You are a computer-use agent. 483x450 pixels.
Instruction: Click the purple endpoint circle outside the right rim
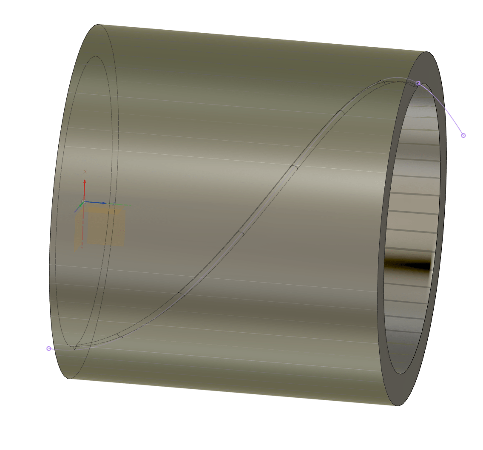point(463,136)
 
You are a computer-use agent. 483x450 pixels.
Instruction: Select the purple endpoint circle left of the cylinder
point(49,348)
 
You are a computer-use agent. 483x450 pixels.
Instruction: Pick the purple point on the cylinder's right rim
point(418,83)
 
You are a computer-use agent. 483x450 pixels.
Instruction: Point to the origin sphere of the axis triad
point(84,201)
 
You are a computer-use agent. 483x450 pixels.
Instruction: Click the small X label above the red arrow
point(85,172)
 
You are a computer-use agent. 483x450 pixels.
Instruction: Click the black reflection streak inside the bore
point(408,266)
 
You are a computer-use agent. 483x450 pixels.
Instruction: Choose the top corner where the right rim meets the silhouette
point(426,52)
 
